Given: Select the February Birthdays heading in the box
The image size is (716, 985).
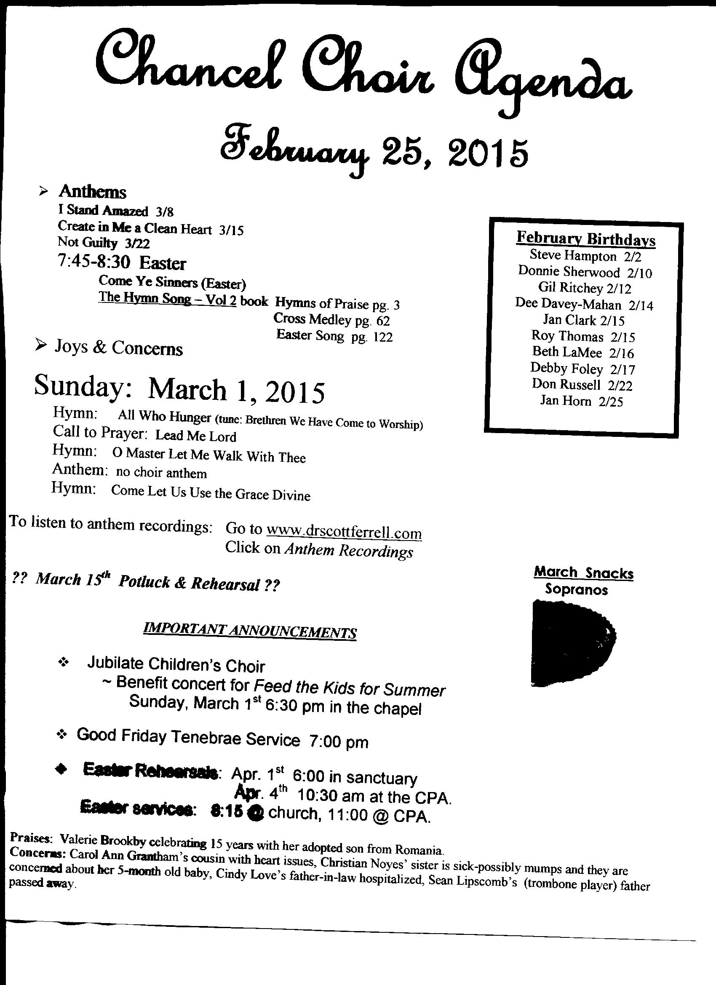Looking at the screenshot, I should pos(586,239).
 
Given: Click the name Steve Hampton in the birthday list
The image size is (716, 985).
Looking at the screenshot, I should pos(573,256).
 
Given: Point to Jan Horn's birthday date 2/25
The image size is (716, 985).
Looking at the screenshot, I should pos(610,402).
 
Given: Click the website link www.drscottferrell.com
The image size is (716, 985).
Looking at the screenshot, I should pos(344,532).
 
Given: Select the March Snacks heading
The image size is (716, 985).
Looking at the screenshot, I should pos(584,573).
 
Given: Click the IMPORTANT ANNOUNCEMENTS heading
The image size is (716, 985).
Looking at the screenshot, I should pos(250,631).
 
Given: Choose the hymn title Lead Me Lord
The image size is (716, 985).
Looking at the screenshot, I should pos(196,436).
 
